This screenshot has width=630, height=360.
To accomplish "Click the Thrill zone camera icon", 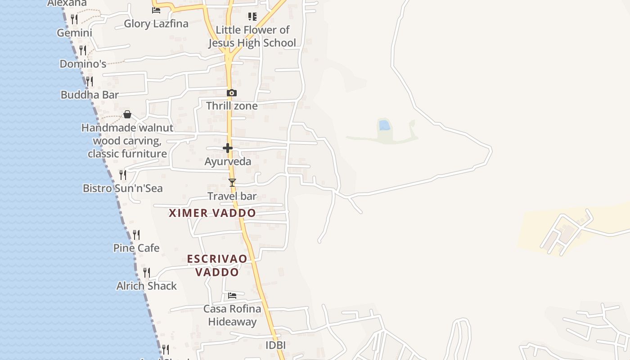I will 232,93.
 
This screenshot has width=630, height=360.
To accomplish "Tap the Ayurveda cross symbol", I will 228,148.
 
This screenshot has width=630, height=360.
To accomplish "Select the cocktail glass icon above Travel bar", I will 232,182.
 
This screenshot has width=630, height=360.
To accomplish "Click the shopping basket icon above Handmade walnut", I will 127,114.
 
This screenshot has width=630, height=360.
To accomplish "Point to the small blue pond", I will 384,125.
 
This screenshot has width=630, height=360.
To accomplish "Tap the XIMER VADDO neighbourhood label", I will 212,213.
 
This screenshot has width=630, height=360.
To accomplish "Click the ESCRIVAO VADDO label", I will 217,265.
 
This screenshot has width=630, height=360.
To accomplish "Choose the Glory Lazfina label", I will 156,24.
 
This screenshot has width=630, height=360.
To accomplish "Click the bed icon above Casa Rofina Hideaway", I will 232,296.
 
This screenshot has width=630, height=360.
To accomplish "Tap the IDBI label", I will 275,345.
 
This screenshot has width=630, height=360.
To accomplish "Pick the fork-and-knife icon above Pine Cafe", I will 136,234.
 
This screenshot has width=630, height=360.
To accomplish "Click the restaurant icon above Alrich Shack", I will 147,272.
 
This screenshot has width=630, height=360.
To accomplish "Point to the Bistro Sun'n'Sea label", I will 123,188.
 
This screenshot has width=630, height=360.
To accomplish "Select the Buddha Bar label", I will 90,94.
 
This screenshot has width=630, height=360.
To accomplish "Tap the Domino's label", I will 83,64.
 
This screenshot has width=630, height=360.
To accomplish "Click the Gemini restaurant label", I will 75,33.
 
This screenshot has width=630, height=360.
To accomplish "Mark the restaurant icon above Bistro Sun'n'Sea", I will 123,175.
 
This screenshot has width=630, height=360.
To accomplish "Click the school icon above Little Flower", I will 252,17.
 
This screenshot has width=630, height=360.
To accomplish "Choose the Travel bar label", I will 232,196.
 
